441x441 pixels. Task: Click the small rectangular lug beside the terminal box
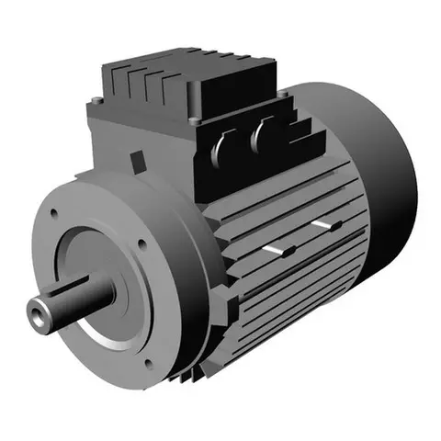[140, 163]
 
